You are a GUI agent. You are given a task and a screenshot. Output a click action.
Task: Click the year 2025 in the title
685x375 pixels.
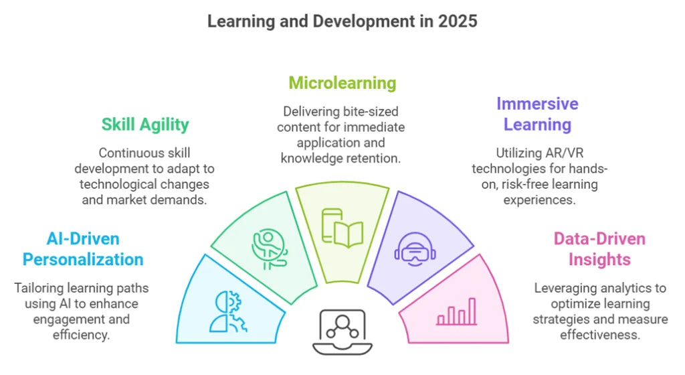pyautogui.click(x=458, y=21)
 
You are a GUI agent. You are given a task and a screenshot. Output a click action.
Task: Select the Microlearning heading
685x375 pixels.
pyautogui.click(x=342, y=83)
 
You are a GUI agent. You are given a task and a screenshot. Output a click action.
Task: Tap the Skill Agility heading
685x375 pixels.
pyautogui.click(x=145, y=124)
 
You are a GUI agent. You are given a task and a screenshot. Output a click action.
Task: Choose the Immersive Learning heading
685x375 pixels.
pyautogui.click(x=537, y=114)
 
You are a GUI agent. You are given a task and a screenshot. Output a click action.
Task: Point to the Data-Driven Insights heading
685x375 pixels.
pyautogui.click(x=599, y=249)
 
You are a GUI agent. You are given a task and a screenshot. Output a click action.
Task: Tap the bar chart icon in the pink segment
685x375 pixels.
pyautogui.click(x=457, y=312)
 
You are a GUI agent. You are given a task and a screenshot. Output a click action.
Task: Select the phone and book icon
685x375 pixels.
pyautogui.click(x=342, y=228)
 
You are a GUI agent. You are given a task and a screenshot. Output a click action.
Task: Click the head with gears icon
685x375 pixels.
pyautogui.click(x=228, y=312)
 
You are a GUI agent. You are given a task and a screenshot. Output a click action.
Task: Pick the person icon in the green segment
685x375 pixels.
pyautogui.click(x=270, y=248)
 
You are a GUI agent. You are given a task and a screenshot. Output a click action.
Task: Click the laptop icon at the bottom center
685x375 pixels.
pyautogui.click(x=342, y=331)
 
